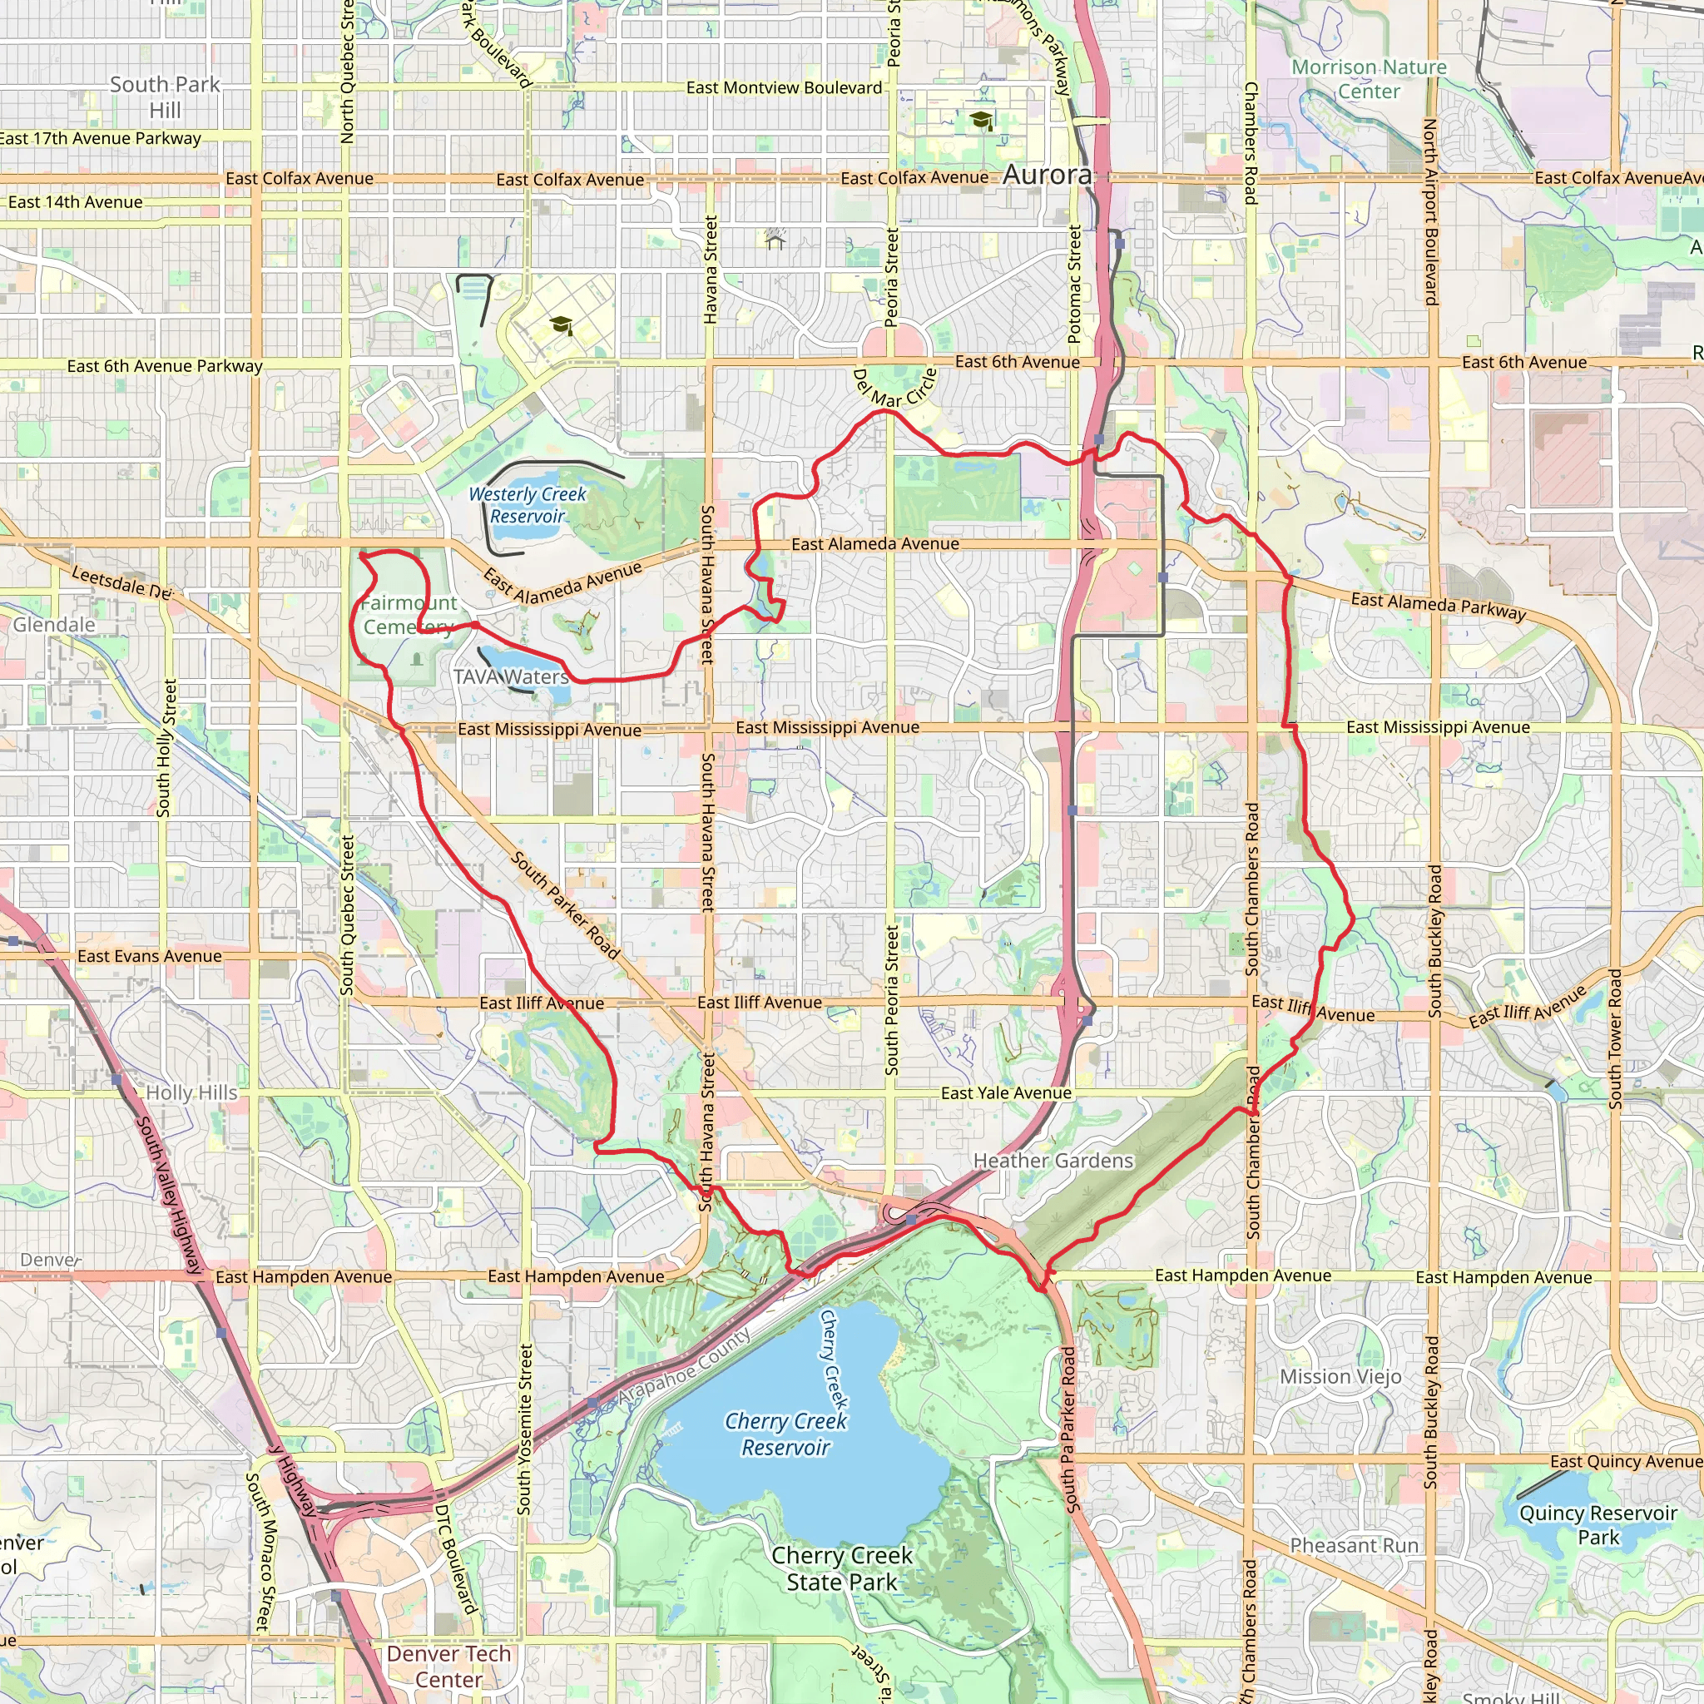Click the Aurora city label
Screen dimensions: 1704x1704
[1047, 175]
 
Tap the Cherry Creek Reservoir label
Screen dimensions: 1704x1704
[785, 1434]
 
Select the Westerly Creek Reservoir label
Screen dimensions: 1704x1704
[528, 505]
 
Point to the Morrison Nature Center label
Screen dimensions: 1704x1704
[1369, 79]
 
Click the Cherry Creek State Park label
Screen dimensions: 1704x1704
[841, 1569]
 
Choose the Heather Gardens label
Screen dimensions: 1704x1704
[1053, 1161]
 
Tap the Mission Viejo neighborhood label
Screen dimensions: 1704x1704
[1340, 1377]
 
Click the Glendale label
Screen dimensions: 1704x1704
[54, 625]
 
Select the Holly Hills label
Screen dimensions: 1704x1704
[191, 1092]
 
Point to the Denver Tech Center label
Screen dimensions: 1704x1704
[449, 1666]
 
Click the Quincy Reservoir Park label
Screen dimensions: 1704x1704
[1597, 1525]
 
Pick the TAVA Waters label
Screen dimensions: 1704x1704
[512, 676]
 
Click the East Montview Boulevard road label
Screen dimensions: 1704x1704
[784, 87]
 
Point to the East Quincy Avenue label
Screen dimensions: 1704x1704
[1626, 1461]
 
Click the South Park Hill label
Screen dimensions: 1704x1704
[165, 97]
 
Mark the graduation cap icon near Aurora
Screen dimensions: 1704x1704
[981, 120]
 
